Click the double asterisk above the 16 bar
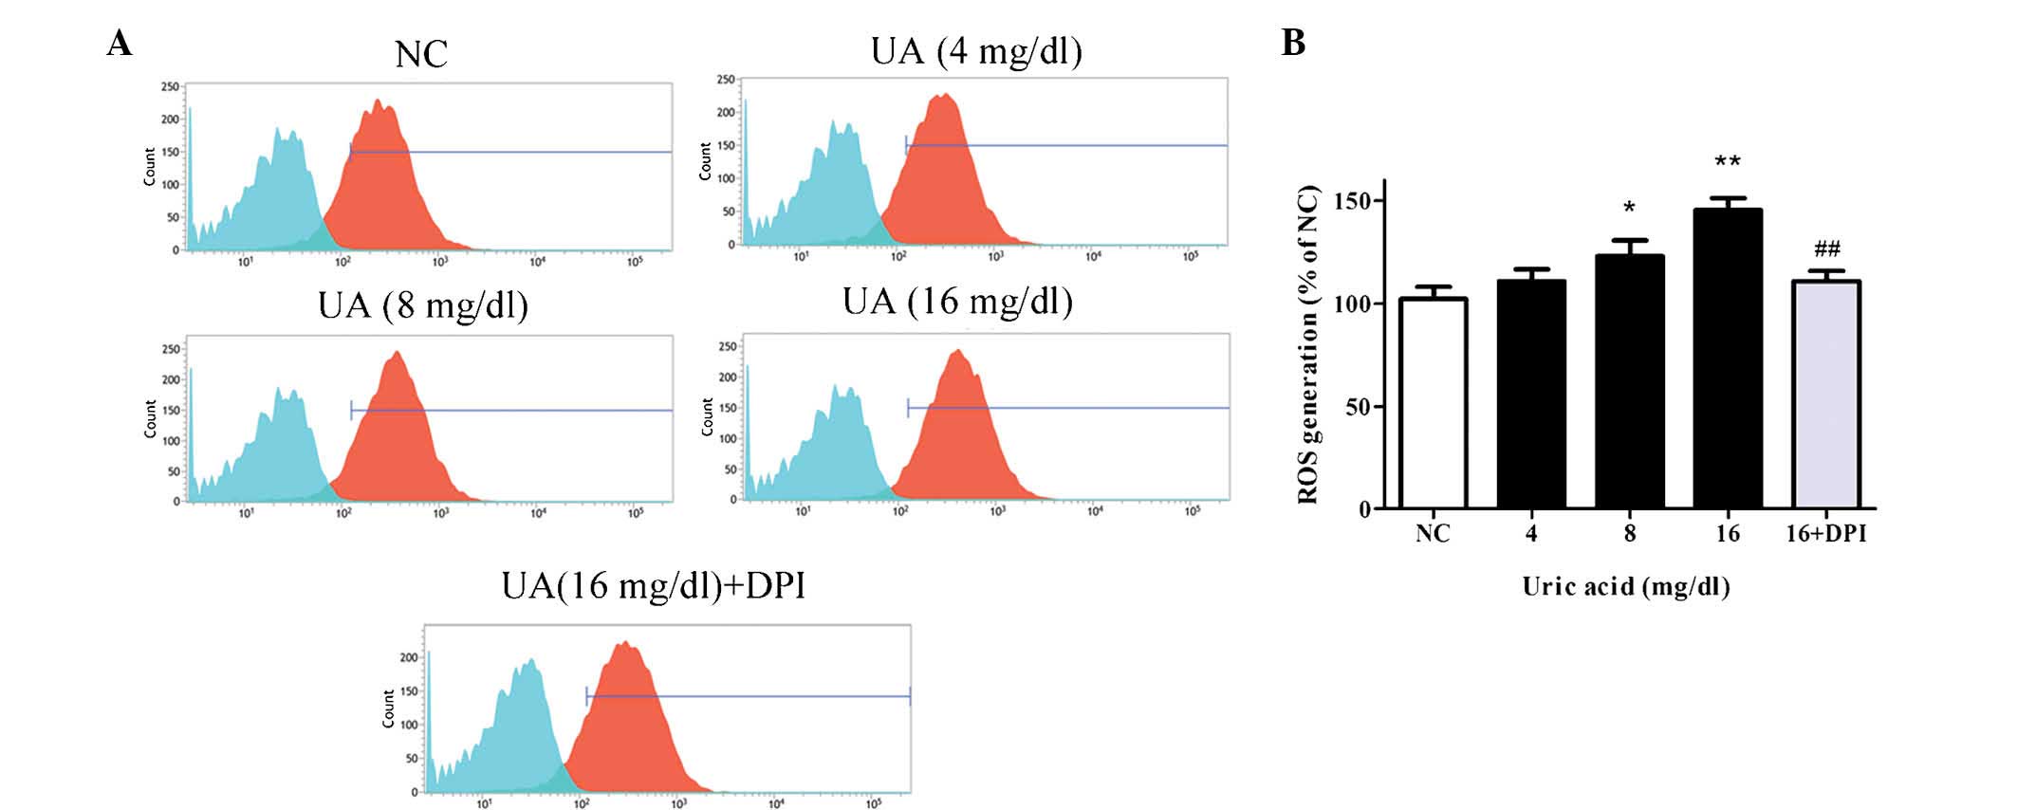pos(1728,161)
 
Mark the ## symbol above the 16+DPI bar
pos(1827,249)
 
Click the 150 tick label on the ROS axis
pos(1352,201)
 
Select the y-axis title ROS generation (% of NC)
pos(1309,344)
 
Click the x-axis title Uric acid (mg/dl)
pos(1626,586)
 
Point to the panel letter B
pos(1293,43)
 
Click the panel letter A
pos(120,43)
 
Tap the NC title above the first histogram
pos(420,54)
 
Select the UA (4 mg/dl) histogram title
pos(976,50)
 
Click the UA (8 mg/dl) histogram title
pos(423,305)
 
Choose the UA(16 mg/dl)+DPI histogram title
pos(654,585)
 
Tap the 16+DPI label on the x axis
pos(1825,534)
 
